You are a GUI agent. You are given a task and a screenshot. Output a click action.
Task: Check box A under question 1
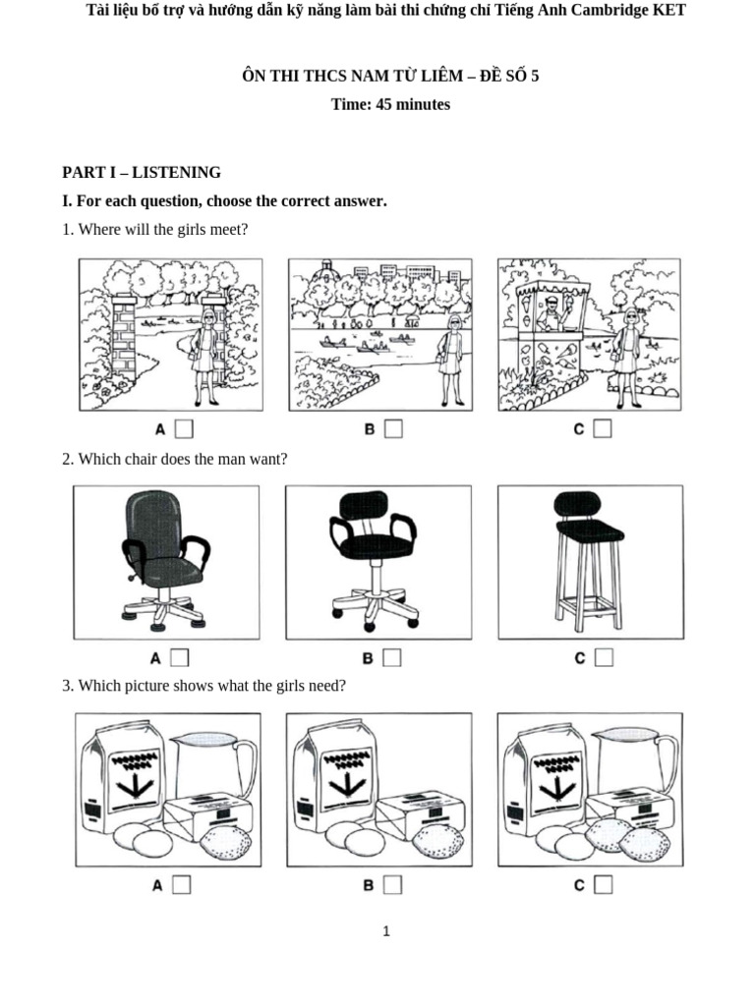click(x=184, y=428)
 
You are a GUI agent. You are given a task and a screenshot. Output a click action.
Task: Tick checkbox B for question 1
click(x=393, y=428)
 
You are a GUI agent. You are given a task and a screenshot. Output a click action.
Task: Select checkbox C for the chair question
click(x=604, y=657)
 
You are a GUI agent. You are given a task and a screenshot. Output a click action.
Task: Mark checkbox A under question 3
click(x=182, y=885)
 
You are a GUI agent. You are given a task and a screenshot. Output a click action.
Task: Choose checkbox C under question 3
click(x=603, y=885)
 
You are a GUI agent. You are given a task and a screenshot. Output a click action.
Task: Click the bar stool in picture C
click(x=587, y=560)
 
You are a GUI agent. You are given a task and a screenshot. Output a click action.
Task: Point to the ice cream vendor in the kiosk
click(x=552, y=312)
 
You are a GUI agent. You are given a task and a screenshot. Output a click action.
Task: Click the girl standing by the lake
click(x=452, y=359)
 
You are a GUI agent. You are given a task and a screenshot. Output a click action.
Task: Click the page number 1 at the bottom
click(x=386, y=931)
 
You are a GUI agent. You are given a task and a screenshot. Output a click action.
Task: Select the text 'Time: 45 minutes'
click(x=390, y=104)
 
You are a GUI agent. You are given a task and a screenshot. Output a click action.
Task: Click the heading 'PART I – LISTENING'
click(x=142, y=172)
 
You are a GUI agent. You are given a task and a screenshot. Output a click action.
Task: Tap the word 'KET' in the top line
click(x=667, y=10)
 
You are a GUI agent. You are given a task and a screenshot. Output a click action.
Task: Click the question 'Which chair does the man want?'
click(x=175, y=459)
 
